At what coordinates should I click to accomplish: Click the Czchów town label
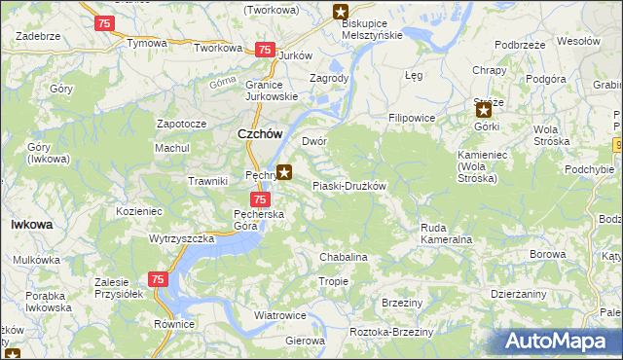click(x=259, y=136)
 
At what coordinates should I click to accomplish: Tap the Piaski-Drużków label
click(x=348, y=186)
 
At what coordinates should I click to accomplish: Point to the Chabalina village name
click(x=343, y=257)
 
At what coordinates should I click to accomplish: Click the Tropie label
click(x=332, y=281)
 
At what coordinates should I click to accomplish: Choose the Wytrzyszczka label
click(x=181, y=237)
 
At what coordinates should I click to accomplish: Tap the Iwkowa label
click(x=31, y=224)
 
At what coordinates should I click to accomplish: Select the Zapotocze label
click(x=181, y=125)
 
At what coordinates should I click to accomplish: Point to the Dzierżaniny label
click(x=519, y=293)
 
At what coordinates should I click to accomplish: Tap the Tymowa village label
click(x=147, y=44)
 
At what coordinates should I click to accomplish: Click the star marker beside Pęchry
click(x=284, y=173)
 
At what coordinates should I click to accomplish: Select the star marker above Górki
click(x=484, y=111)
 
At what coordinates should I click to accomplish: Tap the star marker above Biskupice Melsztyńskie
click(x=340, y=12)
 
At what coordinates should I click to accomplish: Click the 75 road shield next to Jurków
click(x=264, y=50)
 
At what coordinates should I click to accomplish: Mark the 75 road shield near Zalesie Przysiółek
click(x=158, y=279)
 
